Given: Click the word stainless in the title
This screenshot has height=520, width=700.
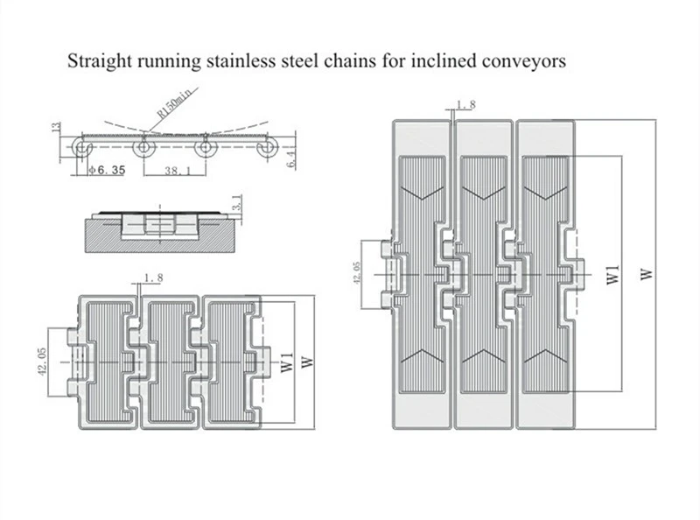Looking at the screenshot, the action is (x=241, y=60).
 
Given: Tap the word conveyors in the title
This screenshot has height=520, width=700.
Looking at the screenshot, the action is (x=524, y=61).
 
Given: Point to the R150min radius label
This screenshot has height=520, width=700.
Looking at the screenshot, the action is (x=176, y=103).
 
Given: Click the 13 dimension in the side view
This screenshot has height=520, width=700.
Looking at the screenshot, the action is (x=56, y=126).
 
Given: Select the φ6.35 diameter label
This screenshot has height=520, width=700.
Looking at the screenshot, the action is (x=107, y=170).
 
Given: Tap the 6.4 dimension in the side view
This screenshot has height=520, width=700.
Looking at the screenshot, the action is (x=291, y=159).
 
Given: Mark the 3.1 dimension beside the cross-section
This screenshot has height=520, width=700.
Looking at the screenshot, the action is (x=237, y=202).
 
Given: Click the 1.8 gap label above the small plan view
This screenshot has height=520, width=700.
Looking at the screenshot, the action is (x=153, y=278).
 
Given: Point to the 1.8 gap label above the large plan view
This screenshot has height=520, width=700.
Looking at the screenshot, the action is (x=465, y=105).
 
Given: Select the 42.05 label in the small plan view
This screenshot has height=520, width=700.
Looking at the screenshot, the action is (x=42, y=362).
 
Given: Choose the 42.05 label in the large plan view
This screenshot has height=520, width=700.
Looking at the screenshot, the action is (x=357, y=273).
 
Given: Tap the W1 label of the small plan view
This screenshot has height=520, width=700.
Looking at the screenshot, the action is (x=287, y=362).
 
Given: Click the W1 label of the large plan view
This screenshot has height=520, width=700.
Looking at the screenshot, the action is (x=613, y=274).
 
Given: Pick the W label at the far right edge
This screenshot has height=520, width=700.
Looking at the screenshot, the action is (x=647, y=274).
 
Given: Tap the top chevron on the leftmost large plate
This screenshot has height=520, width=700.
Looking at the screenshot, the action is (x=423, y=191).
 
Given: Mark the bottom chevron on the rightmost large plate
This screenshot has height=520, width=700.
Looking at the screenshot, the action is (x=545, y=356).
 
